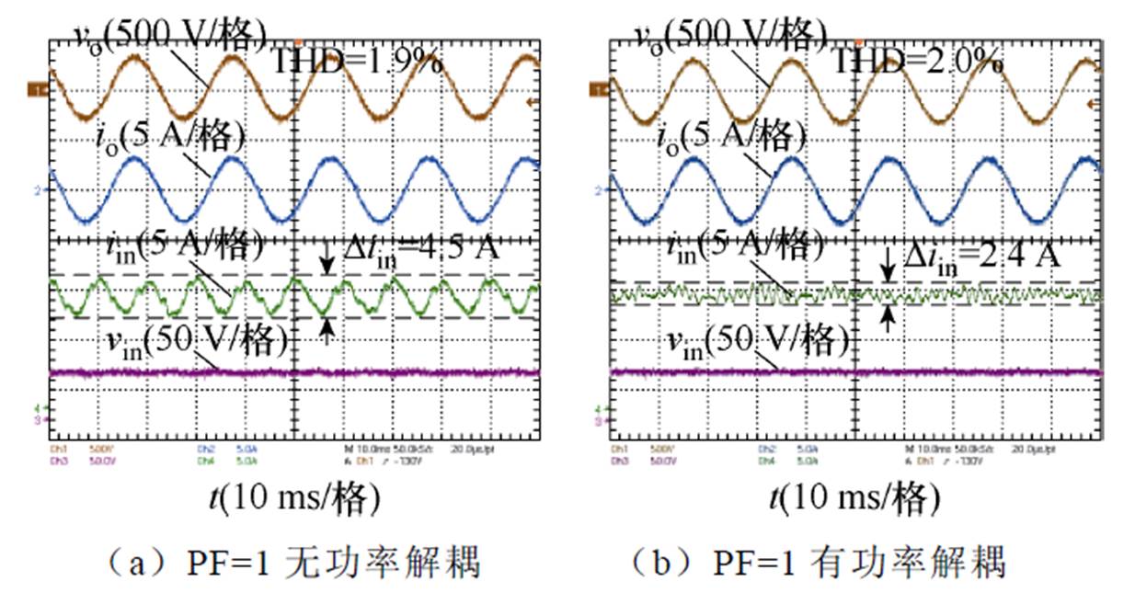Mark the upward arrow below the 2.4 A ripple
coord(889,318)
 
